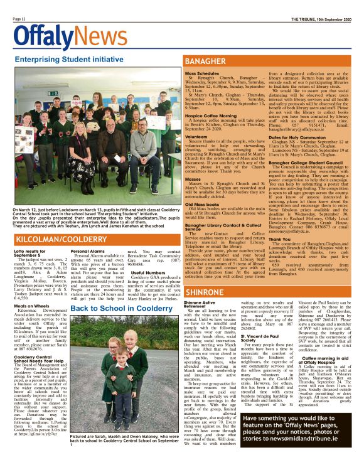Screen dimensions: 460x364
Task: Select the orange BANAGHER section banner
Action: click(269, 62)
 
